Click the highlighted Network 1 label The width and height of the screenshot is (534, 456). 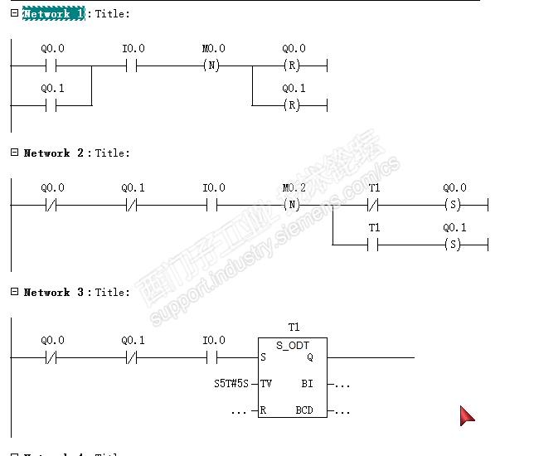coord(53,14)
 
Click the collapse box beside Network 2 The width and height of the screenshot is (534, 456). coord(14,153)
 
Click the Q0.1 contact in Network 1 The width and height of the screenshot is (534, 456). coord(52,105)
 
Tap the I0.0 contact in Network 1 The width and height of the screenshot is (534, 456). coord(133,65)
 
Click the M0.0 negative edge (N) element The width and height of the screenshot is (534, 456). coord(213,65)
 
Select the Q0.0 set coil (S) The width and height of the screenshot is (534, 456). coord(454,205)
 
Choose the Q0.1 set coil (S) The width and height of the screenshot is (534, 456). coord(454,245)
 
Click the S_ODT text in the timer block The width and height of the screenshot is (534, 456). coord(292,345)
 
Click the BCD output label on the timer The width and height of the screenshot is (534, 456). coord(304,410)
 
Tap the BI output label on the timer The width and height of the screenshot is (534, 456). coord(307,384)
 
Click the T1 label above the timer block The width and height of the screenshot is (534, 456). coord(294,327)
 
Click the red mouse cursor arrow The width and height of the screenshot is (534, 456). coord(467,415)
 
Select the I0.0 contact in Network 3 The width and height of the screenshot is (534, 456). coord(213,357)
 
